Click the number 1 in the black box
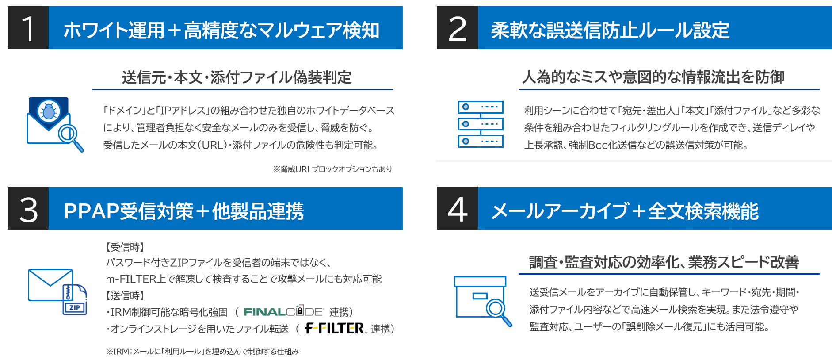(28, 29)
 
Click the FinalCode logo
(283, 311)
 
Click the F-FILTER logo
(335, 328)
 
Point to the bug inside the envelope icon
(49, 111)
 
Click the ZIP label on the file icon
(75, 307)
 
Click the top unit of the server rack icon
(481, 107)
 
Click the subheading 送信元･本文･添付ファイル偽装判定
(237, 77)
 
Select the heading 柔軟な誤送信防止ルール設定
(610, 30)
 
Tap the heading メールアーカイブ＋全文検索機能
(625, 211)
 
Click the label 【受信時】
(125, 247)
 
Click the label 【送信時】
(125, 295)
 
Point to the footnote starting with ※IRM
(202, 352)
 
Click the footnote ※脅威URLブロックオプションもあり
(332, 169)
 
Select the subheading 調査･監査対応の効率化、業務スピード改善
(664, 262)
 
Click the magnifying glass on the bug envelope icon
(68, 134)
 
